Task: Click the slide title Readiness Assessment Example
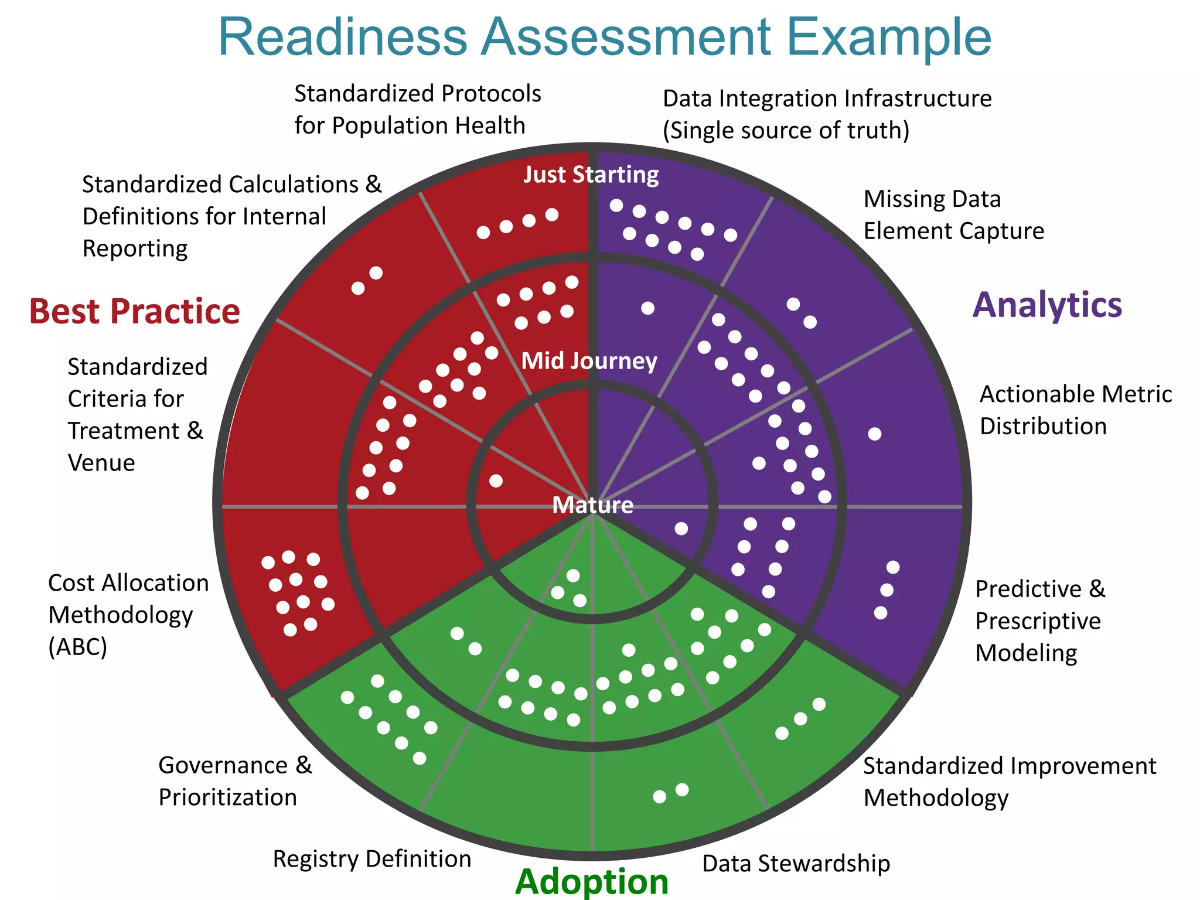coord(604,37)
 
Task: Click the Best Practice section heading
coord(134,311)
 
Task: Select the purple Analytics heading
coord(1047,305)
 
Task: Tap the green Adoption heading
coord(592,881)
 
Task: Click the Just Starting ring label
coord(591,175)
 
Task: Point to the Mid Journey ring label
coord(589,361)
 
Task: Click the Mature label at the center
coord(592,505)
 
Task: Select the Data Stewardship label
coord(796,864)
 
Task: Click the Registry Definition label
coord(371,859)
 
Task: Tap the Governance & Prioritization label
coord(235,781)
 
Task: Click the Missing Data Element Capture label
coord(953,215)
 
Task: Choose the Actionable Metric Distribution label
coord(1075,410)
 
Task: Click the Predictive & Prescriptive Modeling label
coord(1039,621)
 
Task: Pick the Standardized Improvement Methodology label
coord(1010,782)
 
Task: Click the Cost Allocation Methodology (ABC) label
coord(128,615)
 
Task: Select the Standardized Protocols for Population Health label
coord(417,110)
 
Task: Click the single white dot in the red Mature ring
coord(496,481)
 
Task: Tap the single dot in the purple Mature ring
coord(681,529)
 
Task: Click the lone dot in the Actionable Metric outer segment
coord(874,434)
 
